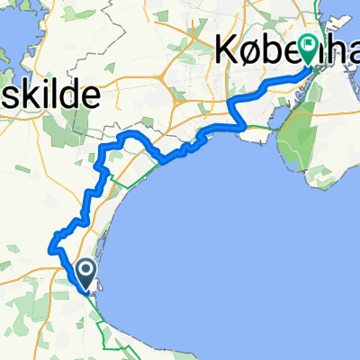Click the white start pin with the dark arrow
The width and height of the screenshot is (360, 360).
(86, 271)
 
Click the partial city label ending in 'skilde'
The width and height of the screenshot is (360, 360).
(40, 93)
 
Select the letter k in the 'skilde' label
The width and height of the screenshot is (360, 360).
(31, 93)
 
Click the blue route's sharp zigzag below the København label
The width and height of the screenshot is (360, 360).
(237, 107)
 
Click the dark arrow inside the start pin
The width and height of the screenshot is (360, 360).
(86, 268)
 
